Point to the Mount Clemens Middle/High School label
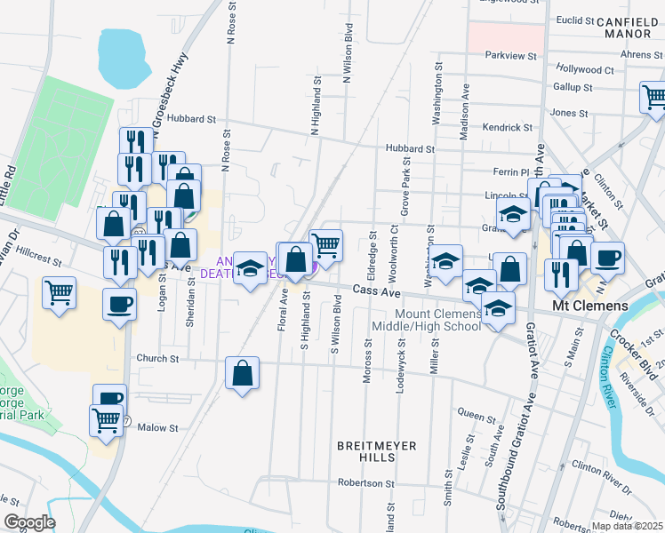point(439,320)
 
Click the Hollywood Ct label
point(584,68)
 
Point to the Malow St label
point(158,428)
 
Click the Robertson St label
point(365,483)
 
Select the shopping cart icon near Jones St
point(655,96)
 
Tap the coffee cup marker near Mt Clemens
point(607,258)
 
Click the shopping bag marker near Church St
point(242,373)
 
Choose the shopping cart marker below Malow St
point(106,419)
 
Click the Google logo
point(28,522)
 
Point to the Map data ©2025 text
point(627,526)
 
